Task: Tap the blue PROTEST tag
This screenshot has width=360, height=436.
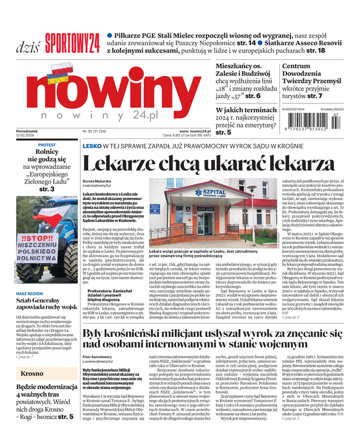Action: pyautogui.click(x=47, y=145)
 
